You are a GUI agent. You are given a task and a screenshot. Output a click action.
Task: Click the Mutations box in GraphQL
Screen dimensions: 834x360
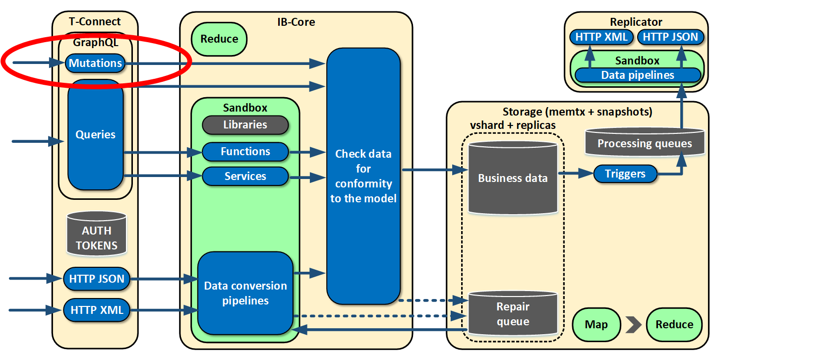[95, 63]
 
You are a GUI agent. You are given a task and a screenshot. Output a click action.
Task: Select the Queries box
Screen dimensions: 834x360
[95, 134]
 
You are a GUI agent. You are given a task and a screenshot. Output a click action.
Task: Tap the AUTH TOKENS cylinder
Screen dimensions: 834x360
[96, 234]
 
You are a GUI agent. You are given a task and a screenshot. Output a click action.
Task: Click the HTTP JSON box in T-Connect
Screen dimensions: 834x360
[97, 279]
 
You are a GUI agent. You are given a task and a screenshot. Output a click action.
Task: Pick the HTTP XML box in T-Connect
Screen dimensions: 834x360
[97, 310]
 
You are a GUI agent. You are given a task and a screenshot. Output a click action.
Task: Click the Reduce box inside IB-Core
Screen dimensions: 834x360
[219, 39]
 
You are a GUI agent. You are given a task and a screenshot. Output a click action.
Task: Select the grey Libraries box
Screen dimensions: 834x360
[245, 125]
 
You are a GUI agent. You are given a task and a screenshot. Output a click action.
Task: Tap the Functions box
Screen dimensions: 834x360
[245, 152]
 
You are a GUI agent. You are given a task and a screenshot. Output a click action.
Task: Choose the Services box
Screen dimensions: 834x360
[245, 176]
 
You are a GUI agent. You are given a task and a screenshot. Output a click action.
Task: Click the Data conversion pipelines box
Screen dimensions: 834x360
[245, 293]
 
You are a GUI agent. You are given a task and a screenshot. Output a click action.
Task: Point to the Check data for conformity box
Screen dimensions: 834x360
[363, 176]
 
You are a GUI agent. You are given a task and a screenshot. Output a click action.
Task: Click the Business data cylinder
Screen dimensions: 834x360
[513, 178]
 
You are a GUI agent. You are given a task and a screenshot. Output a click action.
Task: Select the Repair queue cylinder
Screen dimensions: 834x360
[513, 313]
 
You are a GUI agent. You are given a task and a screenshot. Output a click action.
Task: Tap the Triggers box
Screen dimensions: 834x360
[625, 174]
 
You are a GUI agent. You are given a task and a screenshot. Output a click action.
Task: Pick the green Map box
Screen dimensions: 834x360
[596, 324]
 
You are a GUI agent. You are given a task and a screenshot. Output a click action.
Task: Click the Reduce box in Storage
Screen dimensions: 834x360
[674, 324]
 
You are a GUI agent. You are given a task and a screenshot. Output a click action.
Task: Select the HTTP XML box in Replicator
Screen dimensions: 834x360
[601, 37]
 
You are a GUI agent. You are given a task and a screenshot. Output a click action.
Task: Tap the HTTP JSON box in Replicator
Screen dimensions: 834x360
[670, 37]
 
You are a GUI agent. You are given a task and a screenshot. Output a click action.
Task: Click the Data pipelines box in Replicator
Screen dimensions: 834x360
[638, 75]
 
